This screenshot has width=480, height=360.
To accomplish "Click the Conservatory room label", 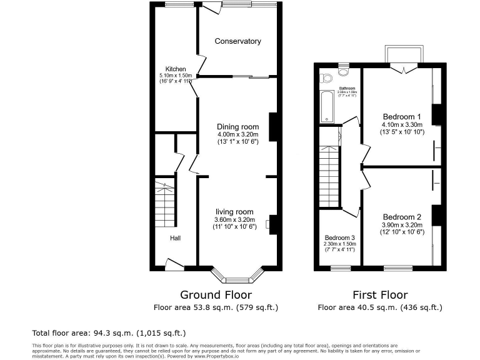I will tap(237, 41).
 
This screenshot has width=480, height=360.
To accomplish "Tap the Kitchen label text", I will tap(175, 69).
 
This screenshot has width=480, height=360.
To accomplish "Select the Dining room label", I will tap(237, 127).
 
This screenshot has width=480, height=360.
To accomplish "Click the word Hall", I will tap(176, 237).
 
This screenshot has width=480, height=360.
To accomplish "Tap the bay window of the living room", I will tap(237, 276).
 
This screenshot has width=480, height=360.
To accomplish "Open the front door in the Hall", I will tap(174, 264).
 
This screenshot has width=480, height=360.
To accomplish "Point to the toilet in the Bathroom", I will tap(325, 78).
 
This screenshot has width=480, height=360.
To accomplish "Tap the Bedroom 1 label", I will tap(402, 117).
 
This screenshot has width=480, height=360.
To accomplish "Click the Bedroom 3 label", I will tap(339, 238).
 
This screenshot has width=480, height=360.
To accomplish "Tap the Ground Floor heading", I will tap(216, 294).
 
